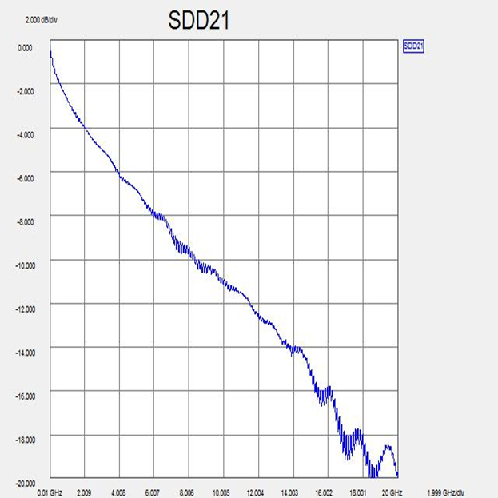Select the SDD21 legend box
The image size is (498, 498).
[413, 46]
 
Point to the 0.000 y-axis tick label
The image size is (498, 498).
[25, 48]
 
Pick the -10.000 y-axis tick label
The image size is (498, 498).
[23, 265]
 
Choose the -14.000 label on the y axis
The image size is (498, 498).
[23, 353]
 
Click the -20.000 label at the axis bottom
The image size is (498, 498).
[23, 483]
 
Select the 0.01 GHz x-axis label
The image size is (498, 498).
[50, 492]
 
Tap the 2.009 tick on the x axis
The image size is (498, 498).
[86, 492]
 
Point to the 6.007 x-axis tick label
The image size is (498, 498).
[154, 492]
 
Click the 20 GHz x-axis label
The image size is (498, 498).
[392, 492]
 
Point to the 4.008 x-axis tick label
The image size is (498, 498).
[120, 492]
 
